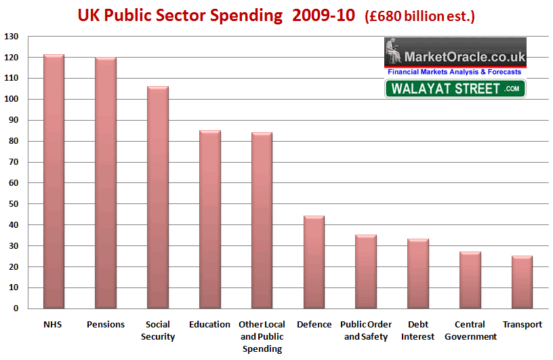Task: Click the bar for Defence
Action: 314,262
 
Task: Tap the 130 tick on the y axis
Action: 12,37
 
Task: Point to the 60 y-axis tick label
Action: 14,183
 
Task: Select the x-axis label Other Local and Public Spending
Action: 262,336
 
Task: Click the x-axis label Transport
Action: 522,325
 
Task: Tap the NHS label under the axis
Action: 54,325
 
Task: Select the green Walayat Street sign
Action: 455,88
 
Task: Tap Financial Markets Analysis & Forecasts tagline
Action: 455,72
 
